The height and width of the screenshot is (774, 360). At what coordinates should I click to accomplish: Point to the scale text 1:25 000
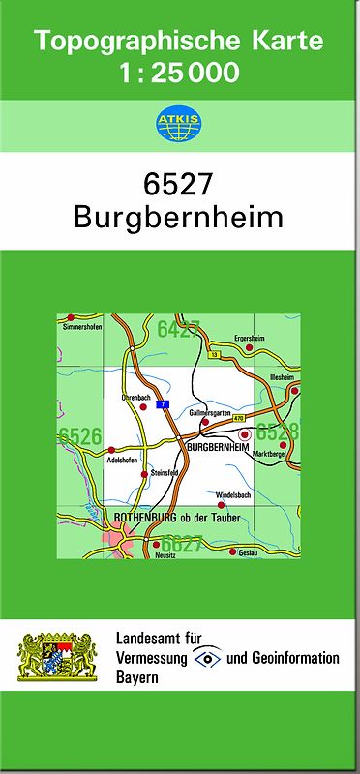click(x=179, y=73)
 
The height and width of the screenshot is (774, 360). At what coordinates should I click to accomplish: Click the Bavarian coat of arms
click(x=58, y=659)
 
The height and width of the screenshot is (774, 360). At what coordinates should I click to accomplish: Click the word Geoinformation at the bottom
click(x=293, y=659)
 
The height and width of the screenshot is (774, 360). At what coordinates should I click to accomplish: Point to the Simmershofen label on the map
click(x=81, y=327)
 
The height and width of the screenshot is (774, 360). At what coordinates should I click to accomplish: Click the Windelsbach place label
click(x=233, y=496)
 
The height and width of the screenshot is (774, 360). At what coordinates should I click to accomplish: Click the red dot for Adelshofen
click(x=111, y=450)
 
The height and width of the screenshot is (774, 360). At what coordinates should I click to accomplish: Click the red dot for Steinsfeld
click(x=151, y=462)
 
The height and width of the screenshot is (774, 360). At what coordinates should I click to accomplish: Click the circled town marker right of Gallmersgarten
click(x=245, y=435)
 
